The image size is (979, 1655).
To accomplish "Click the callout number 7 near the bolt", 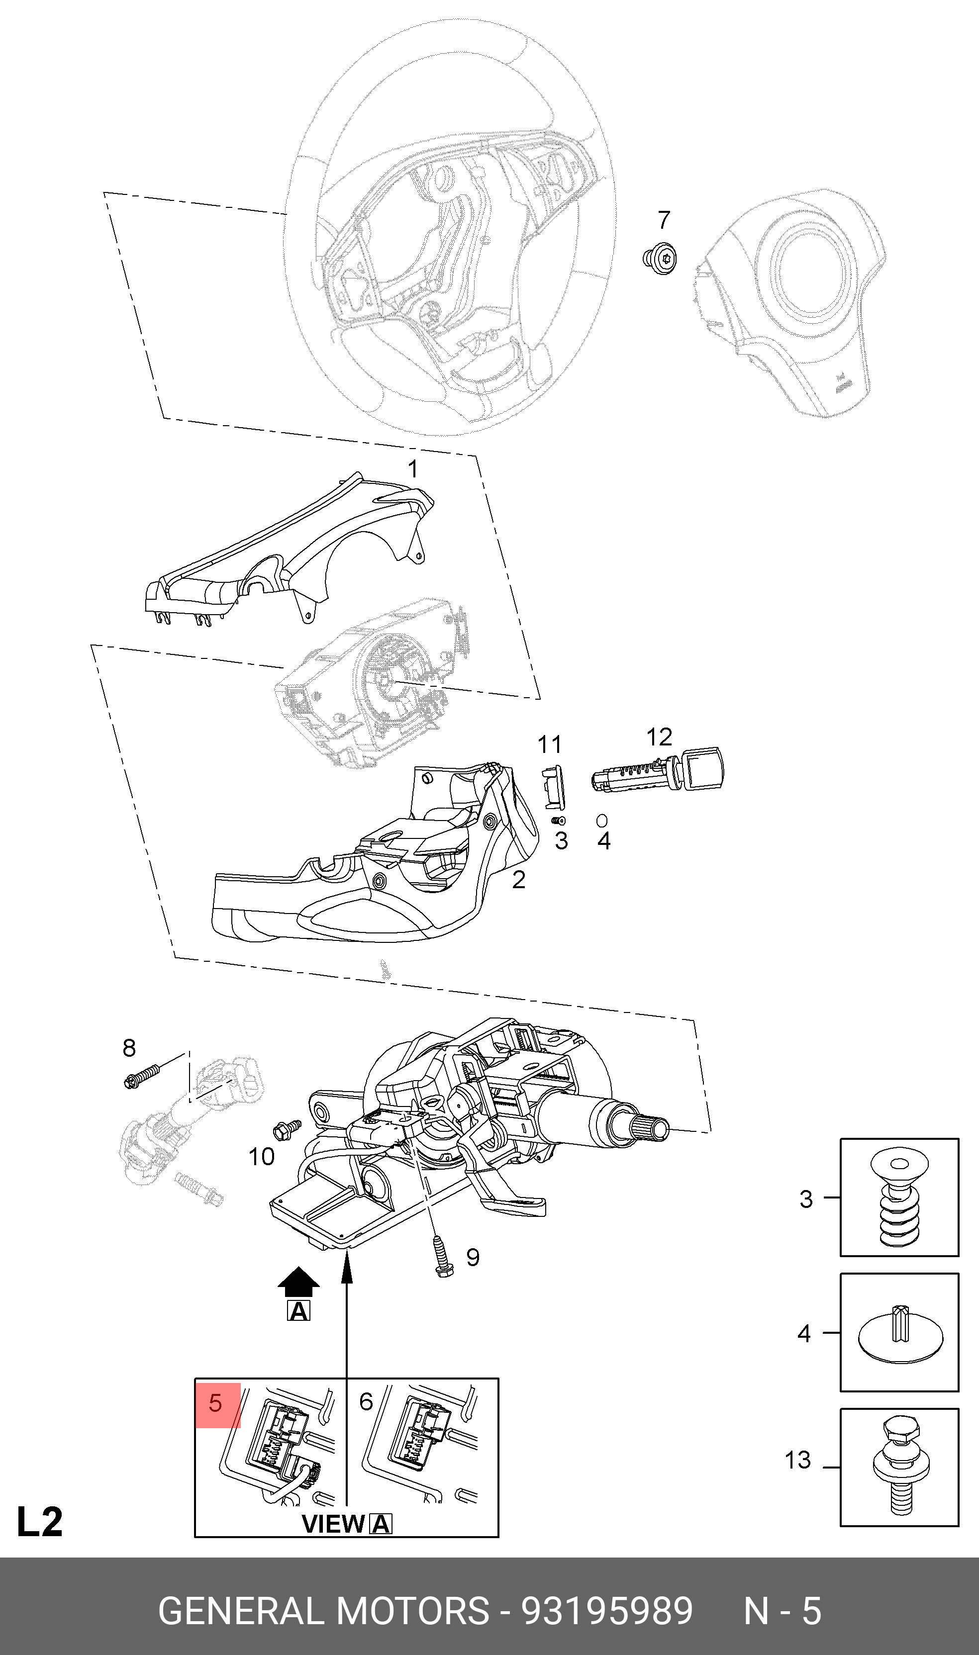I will [x=664, y=220].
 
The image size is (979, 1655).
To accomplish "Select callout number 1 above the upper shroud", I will [x=412, y=469].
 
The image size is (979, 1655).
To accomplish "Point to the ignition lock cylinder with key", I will [x=658, y=771].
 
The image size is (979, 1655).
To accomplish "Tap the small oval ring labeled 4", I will [x=601, y=820].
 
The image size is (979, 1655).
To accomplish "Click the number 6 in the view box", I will [x=366, y=1402].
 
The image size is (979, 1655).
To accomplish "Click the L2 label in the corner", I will [x=40, y=1503].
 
